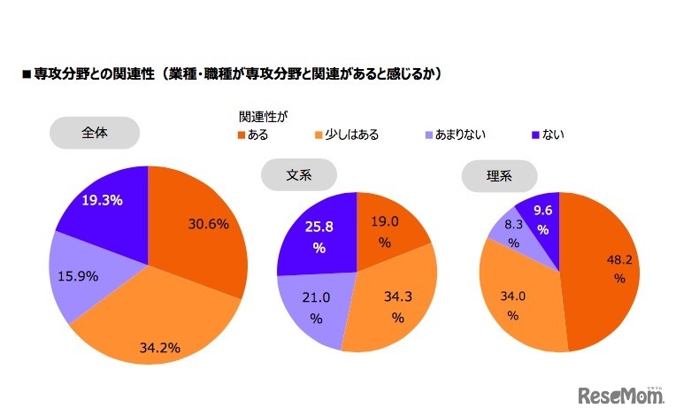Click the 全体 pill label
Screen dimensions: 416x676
[x=94, y=133]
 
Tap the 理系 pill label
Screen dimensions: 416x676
[x=499, y=175]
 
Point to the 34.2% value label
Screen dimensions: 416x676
[x=161, y=347]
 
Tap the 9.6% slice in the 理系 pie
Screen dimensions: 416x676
[x=542, y=218]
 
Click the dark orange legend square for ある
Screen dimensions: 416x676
[x=242, y=135]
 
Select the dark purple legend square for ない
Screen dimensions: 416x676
[x=534, y=135]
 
